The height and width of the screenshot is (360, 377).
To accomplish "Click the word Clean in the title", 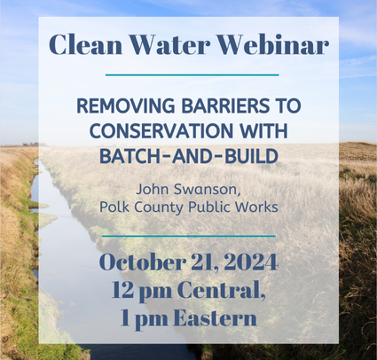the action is (x=85, y=44).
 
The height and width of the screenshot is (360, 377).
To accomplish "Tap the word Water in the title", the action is (x=170, y=44).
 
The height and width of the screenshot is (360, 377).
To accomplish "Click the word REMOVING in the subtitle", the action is (x=126, y=106).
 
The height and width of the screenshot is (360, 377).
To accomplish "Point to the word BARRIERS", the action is (x=225, y=106).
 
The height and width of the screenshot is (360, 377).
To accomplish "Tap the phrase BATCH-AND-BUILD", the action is (x=189, y=156).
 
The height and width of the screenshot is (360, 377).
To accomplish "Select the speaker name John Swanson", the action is (x=188, y=190).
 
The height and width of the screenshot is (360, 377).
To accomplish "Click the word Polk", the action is (x=111, y=207).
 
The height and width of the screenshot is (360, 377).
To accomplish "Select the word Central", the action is (x=220, y=290).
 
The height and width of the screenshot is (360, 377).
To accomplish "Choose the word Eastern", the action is (x=215, y=317).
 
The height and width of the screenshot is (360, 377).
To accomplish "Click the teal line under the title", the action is (x=192, y=75).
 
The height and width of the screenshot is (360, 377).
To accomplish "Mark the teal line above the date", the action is (x=189, y=236).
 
